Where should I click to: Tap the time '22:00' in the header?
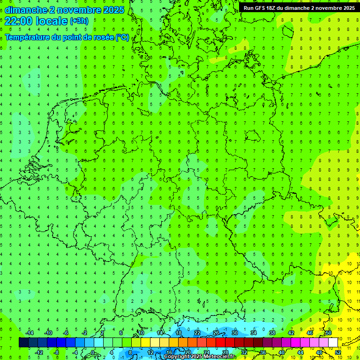[x=18, y=21]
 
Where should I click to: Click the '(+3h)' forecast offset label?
[x=78, y=21]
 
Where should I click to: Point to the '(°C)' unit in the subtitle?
[x=122, y=37]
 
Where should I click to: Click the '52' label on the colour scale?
[x=338, y=352]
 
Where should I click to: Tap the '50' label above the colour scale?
[x=329, y=333]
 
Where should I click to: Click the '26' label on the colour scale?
[x=216, y=333]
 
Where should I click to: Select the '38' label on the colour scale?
[x=272, y=333]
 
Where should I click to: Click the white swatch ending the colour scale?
[x=333, y=342]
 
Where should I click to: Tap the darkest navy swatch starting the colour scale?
[x=23, y=342]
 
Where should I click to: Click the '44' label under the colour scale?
[x=300, y=352]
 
